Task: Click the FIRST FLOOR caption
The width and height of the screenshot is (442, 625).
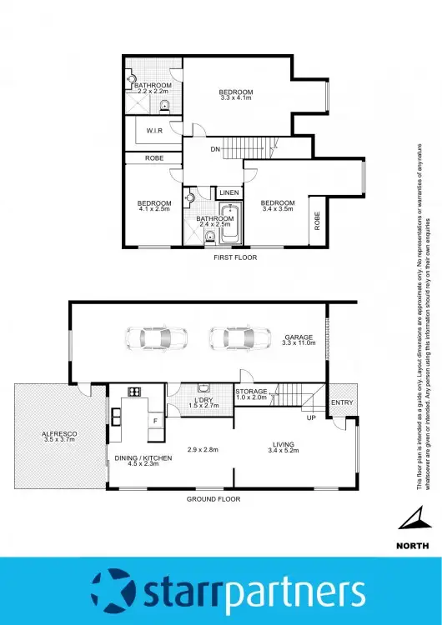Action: click(234, 257)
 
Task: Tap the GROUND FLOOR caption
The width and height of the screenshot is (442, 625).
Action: click(213, 498)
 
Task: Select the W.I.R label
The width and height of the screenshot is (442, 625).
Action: click(153, 131)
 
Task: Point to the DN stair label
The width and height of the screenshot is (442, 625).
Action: click(214, 150)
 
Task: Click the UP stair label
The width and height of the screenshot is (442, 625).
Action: click(311, 417)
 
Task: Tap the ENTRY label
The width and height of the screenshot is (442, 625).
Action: click(342, 403)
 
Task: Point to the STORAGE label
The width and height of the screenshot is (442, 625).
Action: click(250, 391)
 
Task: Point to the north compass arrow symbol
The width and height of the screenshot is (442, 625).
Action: click(411, 521)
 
